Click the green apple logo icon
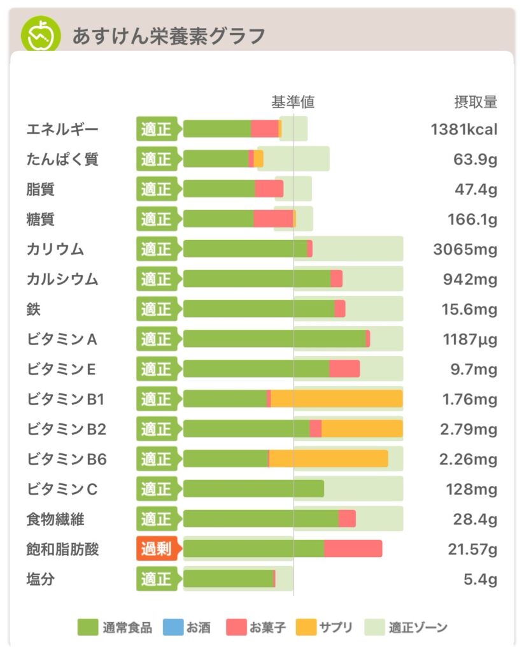pyautogui.click(x=41, y=34)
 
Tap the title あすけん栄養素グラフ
pyautogui.click(x=168, y=36)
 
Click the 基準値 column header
pyautogui.click(x=293, y=102)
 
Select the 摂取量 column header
pyautogui.click(x=475, y=102)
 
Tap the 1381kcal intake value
pyautogui.click(x=464, y=129)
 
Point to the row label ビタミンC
pyautogui.click(x=62, y=489)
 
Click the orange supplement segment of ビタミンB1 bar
pyautogui.click(x=336, y=399)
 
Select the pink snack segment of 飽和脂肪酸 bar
pyautogui.click(x=353, y=549)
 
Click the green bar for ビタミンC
pyautogui.click(x=253, y=489)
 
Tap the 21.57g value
pyautogui.click(x=472, y=549)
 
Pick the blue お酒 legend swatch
pyautogui.click(x=173, y=628)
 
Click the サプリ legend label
pyautogui.click(x=335, y=628)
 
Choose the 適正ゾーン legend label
pyautogui.click(x=418, y=628)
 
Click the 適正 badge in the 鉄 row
pyautogui.click(x=156, y=309)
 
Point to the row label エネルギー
pyautogui.click(x=62, y=129)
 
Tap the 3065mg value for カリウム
pyautogui.click(x=465, y=249)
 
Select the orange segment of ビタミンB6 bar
pyautogui.click(x=328, y=459)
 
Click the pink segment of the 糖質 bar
pyautogui.click(x=273, y=219)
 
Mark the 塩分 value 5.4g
pyautogui.click(x=480, y=579)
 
